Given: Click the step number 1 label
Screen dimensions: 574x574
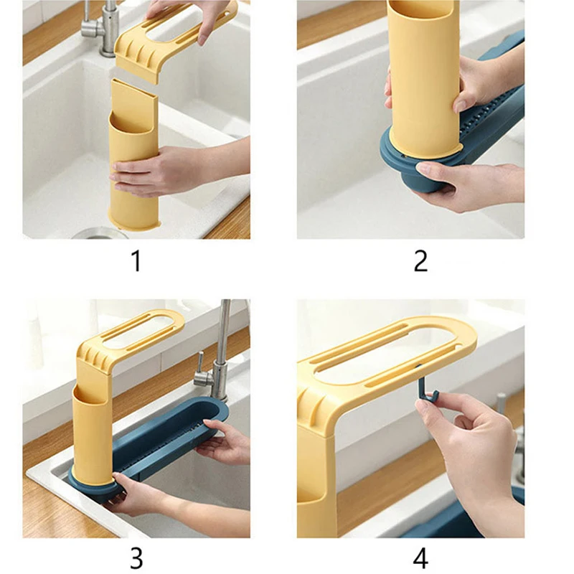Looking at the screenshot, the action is pos(136,260).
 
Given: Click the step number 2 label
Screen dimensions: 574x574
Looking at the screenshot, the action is pos(420,260).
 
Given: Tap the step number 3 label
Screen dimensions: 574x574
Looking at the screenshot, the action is pos(136,559).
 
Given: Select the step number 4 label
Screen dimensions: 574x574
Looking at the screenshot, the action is pos(420,559).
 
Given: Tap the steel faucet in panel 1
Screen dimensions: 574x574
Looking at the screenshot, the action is pos(100,27).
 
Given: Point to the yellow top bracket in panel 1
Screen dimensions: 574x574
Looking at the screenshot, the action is pos(172,40).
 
